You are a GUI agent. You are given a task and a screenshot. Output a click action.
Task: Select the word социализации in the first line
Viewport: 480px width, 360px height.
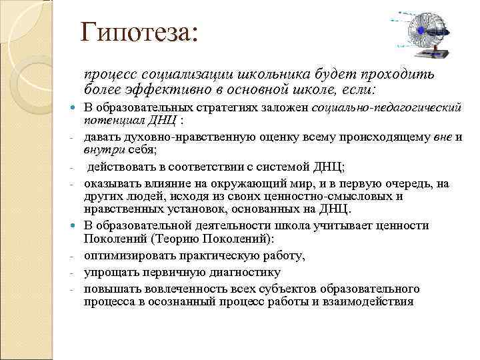(x=179, y=73)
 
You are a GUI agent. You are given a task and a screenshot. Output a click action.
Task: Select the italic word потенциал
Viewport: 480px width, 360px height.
(x=113, y=120)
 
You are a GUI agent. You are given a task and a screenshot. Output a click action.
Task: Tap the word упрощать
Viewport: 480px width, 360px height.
(x=111, y=272)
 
